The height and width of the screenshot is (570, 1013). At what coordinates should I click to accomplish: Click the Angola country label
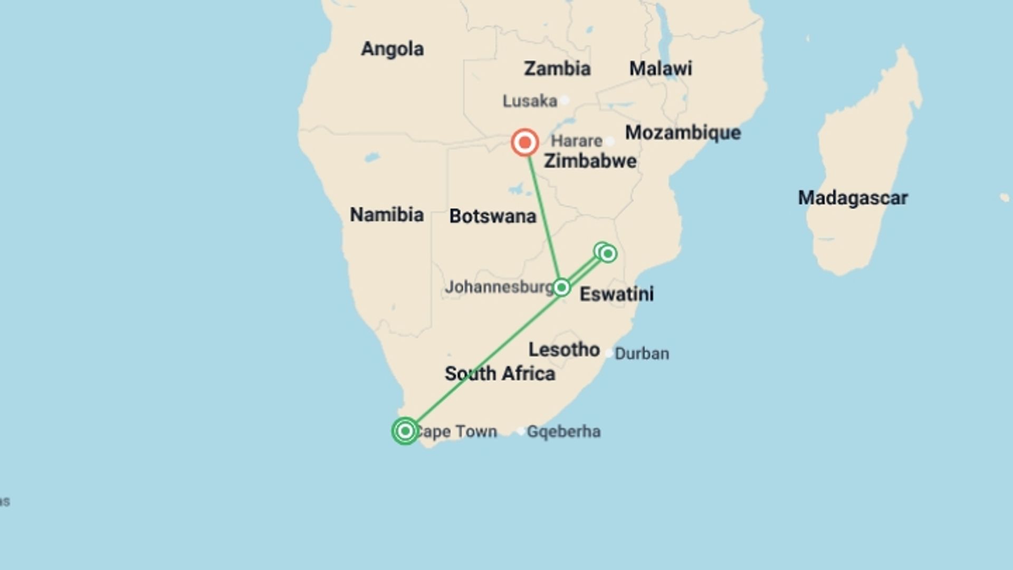click(x=392, y=49)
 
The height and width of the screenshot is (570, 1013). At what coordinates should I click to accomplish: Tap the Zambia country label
click(x=557, y=69)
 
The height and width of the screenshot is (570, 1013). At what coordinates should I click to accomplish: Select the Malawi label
click(x=660, y=69)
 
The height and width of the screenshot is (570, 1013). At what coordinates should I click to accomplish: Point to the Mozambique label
click(x=683, y=132)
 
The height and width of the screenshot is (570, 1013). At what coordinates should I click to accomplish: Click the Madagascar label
click(x=853, y=198)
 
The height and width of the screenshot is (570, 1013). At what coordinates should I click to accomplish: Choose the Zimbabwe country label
click(x=590, y=161)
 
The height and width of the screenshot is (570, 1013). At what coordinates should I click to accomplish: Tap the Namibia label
click(x=387, y=215)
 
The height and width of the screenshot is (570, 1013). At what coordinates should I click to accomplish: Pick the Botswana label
click(x=492, y=216)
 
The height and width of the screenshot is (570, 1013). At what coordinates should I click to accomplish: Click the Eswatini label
click(x=616, y=294)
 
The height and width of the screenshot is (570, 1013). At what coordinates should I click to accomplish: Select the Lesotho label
click(x=564, y=349)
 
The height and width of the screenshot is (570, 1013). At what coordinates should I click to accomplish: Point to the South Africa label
click(x=500, y=374)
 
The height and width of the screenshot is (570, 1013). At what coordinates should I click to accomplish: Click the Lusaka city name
click(x=530, y=101)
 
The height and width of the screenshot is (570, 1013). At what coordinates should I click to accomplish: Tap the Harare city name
click(x=576, y=141)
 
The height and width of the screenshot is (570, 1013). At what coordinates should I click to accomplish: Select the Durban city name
click(x=642, y=354)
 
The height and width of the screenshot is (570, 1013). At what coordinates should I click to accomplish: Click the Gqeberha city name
click(x=563, y=432)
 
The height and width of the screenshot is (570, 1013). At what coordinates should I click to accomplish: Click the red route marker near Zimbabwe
click(x=524, y=142)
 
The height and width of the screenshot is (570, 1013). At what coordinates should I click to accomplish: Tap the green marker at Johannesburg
click(x=561, y=287)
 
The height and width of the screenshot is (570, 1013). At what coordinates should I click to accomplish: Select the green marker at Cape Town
click(x=405, y=431)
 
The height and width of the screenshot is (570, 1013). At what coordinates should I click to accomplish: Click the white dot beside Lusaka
click(x=565, y=100)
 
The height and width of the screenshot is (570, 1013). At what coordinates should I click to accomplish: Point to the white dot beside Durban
click(x=609, y=353)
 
